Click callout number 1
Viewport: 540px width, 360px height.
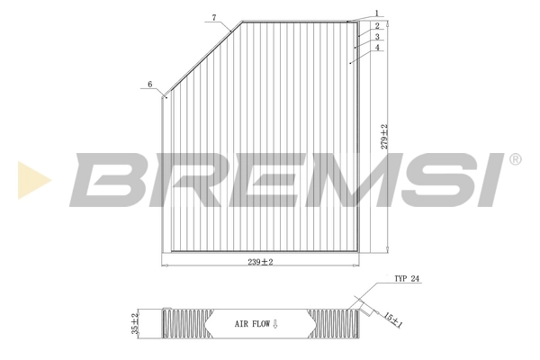click(x=378, y=13)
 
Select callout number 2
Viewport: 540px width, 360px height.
click(x=378, y=25)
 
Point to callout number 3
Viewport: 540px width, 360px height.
click(x=378, y=37)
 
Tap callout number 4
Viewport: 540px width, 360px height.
click(x=378, y=48)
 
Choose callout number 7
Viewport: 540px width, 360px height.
click(x=214, y=18)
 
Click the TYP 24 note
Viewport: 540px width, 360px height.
click(x=407, y=280)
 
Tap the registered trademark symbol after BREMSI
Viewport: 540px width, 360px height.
click(x=515, y=159)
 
